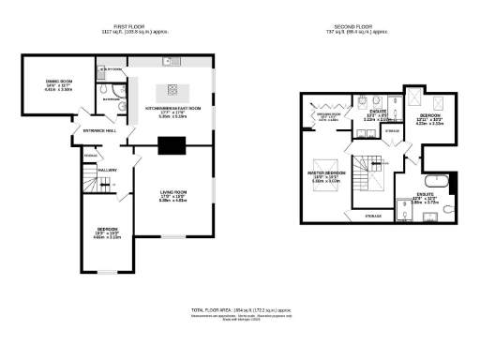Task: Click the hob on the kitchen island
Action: tap(172, 91)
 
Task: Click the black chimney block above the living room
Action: tap(172, 144)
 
